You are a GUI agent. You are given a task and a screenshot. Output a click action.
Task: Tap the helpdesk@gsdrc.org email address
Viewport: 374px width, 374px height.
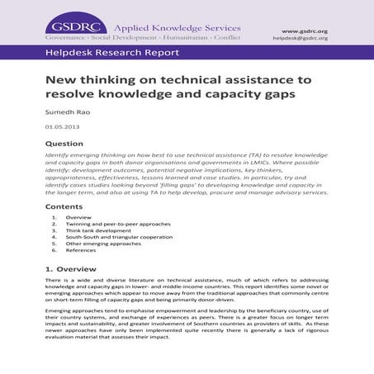point(301,39)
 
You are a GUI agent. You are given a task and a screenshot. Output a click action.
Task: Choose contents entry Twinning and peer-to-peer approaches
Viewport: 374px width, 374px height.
point(111,224)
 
